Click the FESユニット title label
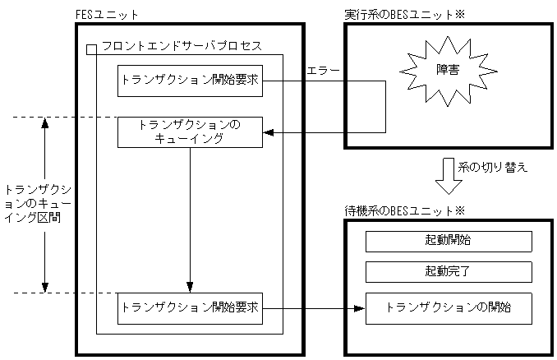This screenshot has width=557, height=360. tap(107, 15)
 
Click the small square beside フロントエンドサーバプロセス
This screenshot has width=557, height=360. tap(91, 50)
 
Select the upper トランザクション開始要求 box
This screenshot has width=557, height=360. tap(190, 81)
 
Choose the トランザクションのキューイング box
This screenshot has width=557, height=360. tap(190, 132)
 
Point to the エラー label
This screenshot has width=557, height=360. tap(321, 72)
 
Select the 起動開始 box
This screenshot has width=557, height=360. tap(449, 242)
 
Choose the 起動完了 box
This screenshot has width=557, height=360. tap(449, 272)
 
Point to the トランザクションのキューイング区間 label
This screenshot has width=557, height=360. tap(30, 205)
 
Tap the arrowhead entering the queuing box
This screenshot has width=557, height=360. tap(269, 132)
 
